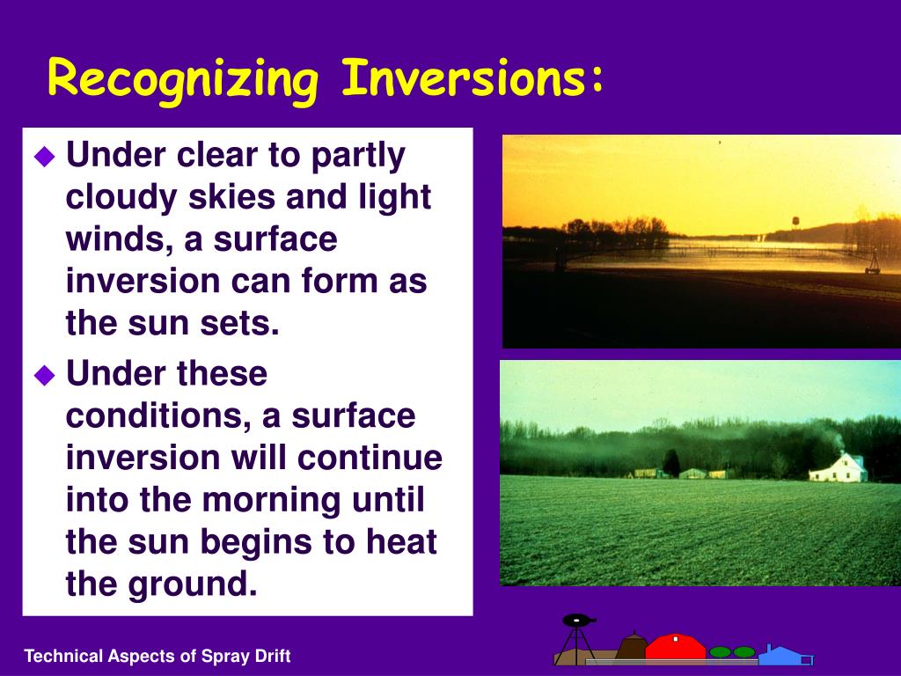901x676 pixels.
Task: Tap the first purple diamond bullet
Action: [44, 157]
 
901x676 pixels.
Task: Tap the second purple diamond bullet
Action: [44, 375]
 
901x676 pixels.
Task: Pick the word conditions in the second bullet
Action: [158, 416]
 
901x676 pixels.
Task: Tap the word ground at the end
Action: [192, 585]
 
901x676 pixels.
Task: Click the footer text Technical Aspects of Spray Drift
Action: [157, 656]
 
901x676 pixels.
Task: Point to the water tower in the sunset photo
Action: [795, 223]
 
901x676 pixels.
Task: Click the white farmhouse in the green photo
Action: [839, 468]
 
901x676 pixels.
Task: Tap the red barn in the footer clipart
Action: [675, 647]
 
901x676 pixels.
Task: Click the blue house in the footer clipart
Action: [785, 655]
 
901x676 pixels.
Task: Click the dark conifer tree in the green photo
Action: [671, 463]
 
